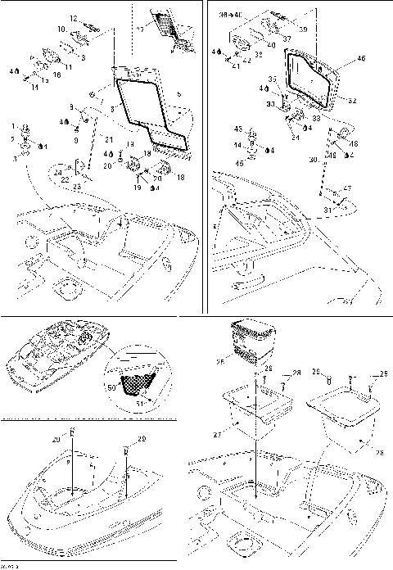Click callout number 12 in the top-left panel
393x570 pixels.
pyautogui.click(x=72, y=18)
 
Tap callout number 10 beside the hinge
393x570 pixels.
pyautogui.click(x=61, y=29)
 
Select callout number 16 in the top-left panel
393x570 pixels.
pyautogui.click(x=57, y=75)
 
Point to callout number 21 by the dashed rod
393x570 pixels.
pyautogui.click(x=108, y=140)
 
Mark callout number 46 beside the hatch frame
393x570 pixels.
pyautogui.click(x=361, y=60)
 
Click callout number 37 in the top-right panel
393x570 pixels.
pyautogui.click(x=287, y=38)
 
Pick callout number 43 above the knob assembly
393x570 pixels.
pyautogui.click(x=237, y=129)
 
